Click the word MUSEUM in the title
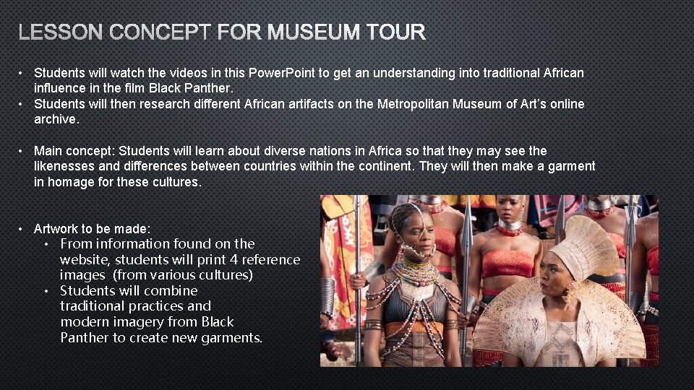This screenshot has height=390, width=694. point(314,32)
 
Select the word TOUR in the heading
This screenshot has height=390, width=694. point(395,32)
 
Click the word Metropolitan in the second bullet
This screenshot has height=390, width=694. point(413,104)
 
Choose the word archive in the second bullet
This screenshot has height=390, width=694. point(54,119)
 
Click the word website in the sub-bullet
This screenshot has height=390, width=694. point(85,259)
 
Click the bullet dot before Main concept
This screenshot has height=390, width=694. point(23,151)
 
